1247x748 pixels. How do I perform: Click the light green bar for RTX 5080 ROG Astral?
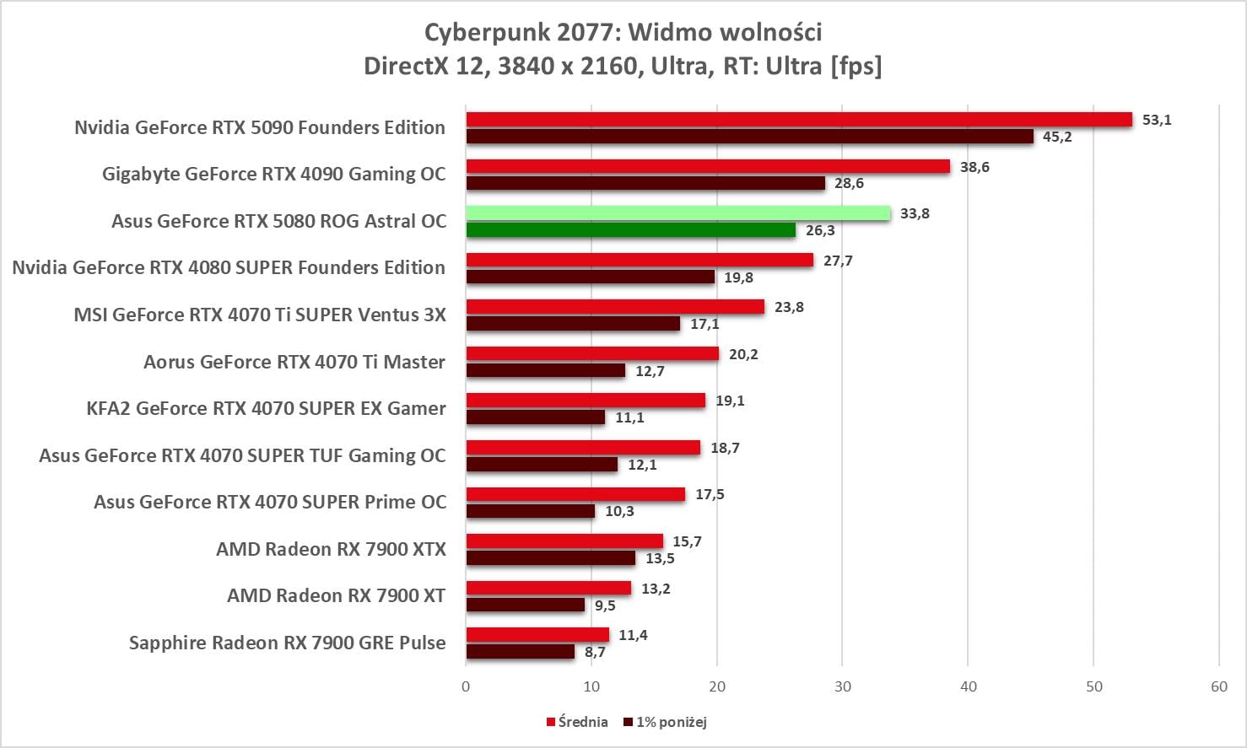(x=677, y=213)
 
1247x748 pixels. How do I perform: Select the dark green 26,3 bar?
(x=630, y=230)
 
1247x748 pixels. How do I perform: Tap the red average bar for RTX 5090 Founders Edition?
(x=798, y=120)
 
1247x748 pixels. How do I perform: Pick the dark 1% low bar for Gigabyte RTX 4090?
(x=645, y=183)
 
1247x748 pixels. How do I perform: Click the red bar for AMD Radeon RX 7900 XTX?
(x=564, y=541)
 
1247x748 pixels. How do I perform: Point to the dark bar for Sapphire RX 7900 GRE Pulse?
(x=520, y=652)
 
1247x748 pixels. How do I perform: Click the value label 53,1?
(x=1156, y=120)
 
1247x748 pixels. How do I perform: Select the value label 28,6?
(x=849, y=183)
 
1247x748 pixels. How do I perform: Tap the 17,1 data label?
(x=704, y=324)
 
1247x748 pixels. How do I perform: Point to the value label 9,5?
(x=605, y=605)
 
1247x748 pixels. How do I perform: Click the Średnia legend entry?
(x=577, y=722)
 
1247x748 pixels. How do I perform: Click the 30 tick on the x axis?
(x=843, y=686)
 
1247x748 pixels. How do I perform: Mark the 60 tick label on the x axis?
(x=1219, y=686)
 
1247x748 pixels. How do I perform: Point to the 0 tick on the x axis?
(x=466, y=686)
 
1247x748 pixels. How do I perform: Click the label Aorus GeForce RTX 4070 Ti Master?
(x=294, y=362)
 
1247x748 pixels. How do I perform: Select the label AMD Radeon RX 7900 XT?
(x=336, y=595)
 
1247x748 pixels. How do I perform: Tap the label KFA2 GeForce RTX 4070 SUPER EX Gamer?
(x=266, y=408)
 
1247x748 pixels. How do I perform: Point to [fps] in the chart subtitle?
(x=856, y=66)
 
